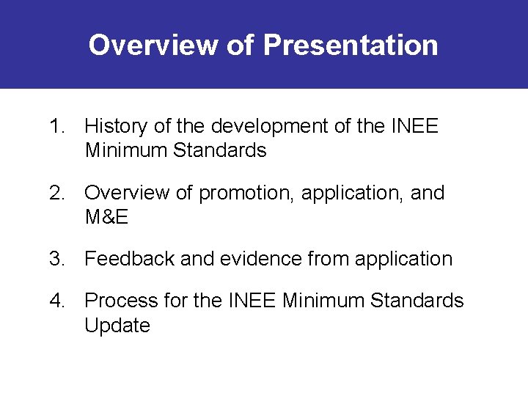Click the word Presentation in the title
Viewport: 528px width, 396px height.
(x=351, y=45)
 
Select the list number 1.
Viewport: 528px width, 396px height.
(x=56, y=127)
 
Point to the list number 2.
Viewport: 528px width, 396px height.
(x=56, y=193)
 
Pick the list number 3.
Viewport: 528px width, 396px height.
(x=56, y=259)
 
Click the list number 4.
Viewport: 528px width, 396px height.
(x=56, y=301)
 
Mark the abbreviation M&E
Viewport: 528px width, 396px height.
(x=108, y=217)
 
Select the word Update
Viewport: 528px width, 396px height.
(x=117, y=325)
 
